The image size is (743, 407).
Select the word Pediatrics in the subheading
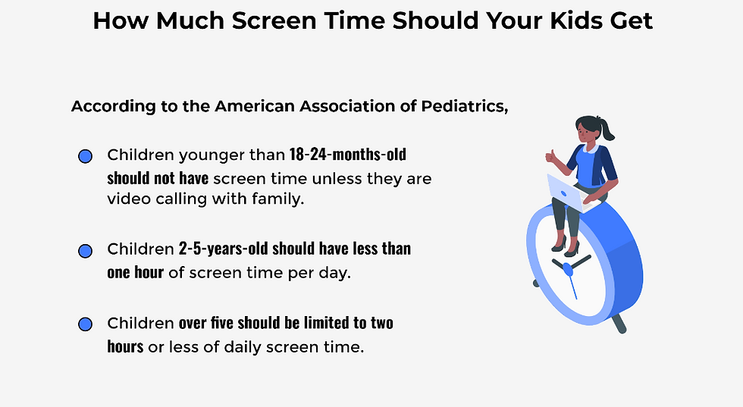(x=464, y=106)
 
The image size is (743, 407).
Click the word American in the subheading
(x=255, y=106)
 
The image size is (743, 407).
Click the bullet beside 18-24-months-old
(x=85, y=156)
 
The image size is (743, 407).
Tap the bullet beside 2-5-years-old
(x=85, y=251)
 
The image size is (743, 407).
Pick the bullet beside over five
(x=85, y=324)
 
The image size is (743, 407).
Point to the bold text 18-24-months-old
(x=348, y=155)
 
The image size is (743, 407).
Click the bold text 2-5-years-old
(x=223, y=249)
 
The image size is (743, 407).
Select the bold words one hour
(x=136, y=272)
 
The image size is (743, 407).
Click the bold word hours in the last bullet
(x=125, y=346)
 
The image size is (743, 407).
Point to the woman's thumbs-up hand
(x=551, y=156)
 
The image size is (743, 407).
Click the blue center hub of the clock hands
(x=568, y=269)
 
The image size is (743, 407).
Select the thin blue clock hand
(x=572, y=286)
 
